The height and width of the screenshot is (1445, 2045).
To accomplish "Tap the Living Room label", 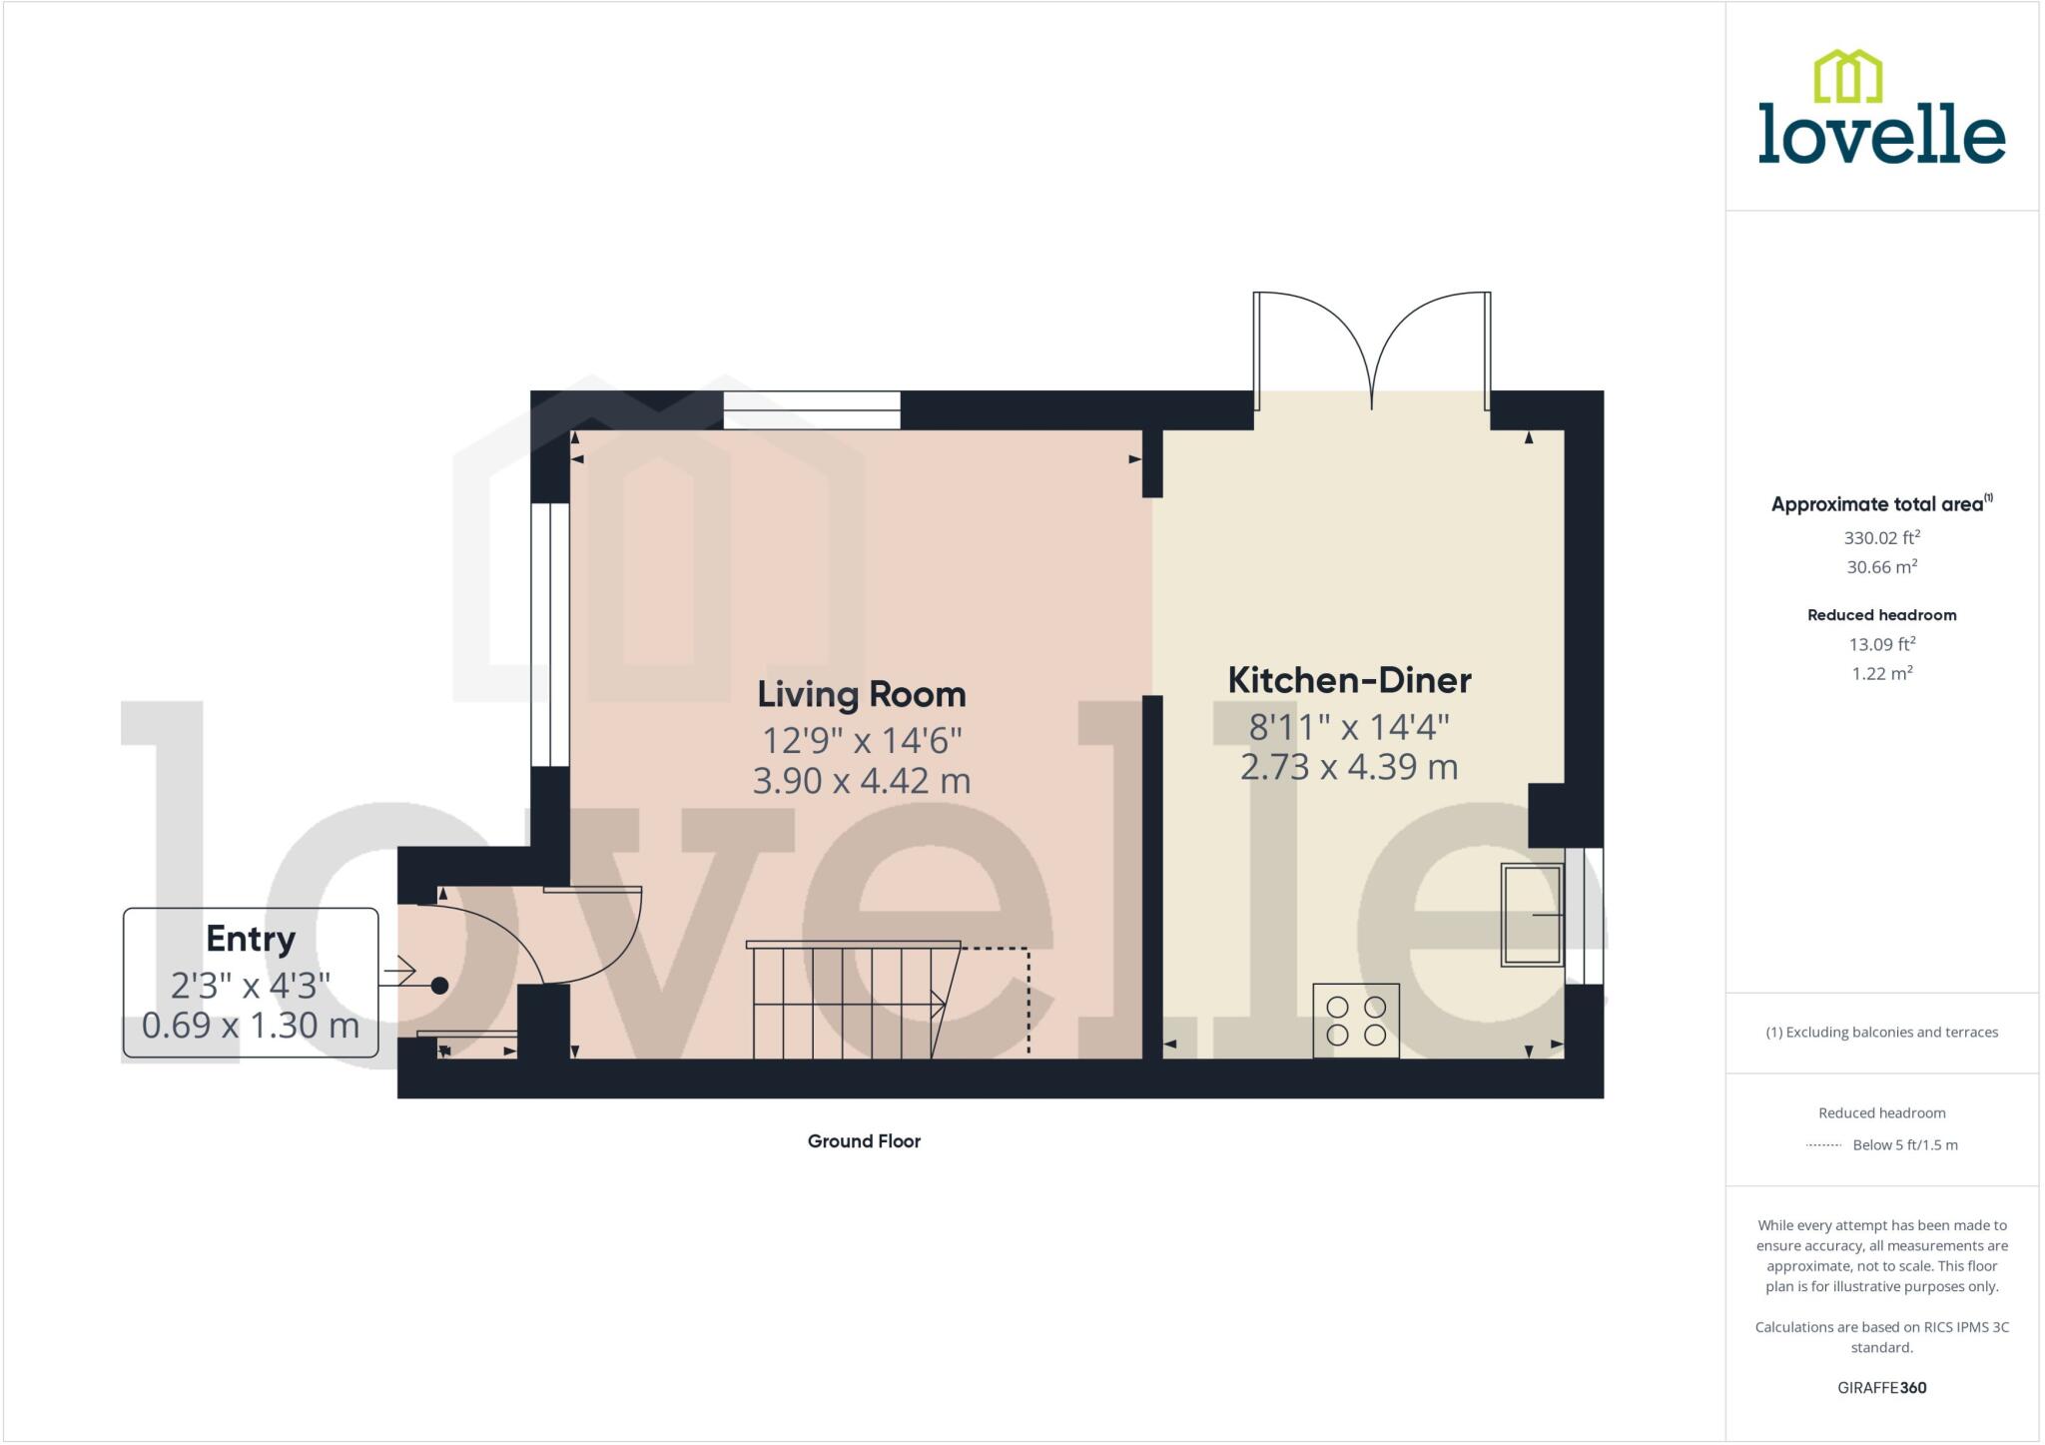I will [x=861, y=694].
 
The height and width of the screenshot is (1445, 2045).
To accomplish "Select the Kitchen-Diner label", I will [x=1349, y=680].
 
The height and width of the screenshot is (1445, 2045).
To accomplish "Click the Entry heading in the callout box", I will [x=251, y=939].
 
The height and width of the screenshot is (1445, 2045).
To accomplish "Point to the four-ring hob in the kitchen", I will [x=1356, y=1021].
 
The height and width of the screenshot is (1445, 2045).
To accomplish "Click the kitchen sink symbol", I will [x=1532, y=915].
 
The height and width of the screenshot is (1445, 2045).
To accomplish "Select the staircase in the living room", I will [x=849, y=1001].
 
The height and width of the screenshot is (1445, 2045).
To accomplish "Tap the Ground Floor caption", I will [x=864, y=1141].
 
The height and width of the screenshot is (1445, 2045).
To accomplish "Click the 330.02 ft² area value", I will [x=1881, y=537].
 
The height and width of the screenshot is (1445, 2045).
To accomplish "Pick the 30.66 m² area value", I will [x=1881, y=567].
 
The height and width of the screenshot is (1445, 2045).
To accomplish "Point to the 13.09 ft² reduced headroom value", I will [x=1881, y=644].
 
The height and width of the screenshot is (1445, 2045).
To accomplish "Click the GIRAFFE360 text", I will [x=1881, y=1387].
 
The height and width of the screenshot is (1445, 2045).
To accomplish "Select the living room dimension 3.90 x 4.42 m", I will [x=861, y=781].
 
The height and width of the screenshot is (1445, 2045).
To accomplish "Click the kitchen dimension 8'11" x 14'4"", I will [x=1349, y=727].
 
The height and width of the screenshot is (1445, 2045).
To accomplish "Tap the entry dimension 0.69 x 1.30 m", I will [x=251, y=1026].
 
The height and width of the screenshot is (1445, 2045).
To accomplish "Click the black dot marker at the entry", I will [x=439, y=986].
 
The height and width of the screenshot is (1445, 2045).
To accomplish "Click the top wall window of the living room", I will [x=812, y=410].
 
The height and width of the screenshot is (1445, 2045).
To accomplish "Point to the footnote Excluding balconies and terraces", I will [x=1881, y=1033].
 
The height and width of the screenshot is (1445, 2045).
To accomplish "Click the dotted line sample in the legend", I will [x=1823, y=1145].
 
